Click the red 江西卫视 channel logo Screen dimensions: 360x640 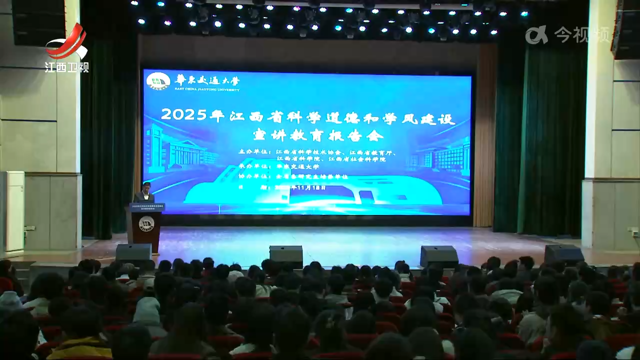tap(66, 47)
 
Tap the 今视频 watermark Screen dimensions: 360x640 tap(567, 35)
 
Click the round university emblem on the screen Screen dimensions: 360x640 tap(158, 81)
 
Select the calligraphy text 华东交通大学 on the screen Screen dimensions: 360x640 tap(207, 79)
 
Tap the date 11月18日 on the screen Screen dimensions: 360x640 tap(310, 188)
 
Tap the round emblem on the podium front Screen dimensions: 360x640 tap(145, 223)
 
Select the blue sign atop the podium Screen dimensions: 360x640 tap(147, 207)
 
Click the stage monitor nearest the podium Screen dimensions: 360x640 tap(133, 253)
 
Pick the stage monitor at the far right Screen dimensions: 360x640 tap(564, 254)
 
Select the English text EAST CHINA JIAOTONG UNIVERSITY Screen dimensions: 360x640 tap(207, 89)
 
